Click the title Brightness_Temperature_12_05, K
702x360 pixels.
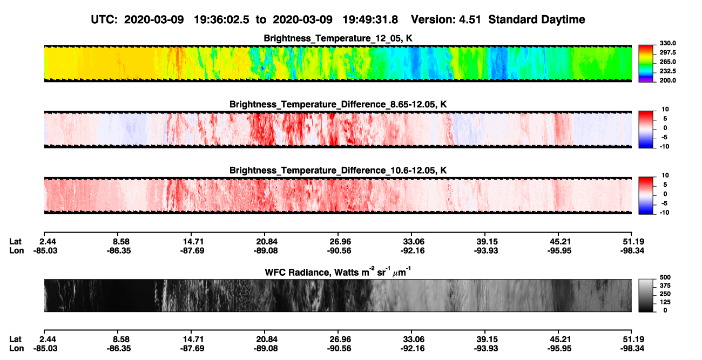[x=338, y=38]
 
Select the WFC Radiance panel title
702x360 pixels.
[x=338, y=271]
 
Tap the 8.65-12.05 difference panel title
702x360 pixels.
[x=338, y=104]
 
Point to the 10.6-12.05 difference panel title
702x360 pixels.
[x=338, y=171]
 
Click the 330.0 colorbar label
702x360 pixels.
[x=667, y=43]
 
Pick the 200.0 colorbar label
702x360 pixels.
[x=667, y=80]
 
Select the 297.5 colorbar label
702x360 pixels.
[x=667, y=53]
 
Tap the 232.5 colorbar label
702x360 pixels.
[x=667, y=71]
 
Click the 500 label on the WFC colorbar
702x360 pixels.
[x=665, y=277]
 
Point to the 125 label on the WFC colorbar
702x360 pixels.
[x=665, y=302]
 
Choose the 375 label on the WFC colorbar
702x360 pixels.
[x=665, y=286]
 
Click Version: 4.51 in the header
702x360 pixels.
[x=446, y=19]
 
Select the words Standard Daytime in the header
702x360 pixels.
[x=537, y=19]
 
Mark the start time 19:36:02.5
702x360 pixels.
[x=221, y=19]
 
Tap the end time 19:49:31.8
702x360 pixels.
[x=370, y=19]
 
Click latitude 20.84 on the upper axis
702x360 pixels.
[x=267, y=242]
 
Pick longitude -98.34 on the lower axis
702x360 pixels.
[x=632, y=349]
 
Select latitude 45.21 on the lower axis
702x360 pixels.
[x=561, y=339]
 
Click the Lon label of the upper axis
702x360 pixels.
[x=17, y=250]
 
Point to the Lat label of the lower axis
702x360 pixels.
[x=15, y=339]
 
